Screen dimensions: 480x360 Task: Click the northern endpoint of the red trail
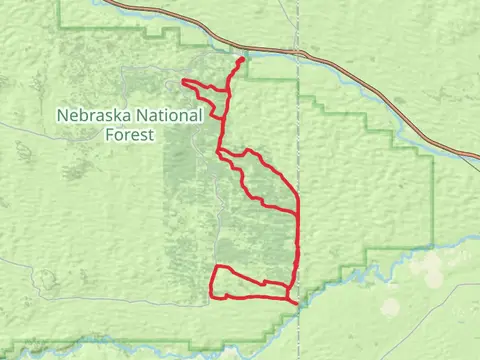242,60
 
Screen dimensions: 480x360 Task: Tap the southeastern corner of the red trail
297,300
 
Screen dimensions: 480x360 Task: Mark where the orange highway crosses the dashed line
299,51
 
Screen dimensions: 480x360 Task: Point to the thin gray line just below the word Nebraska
60,127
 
